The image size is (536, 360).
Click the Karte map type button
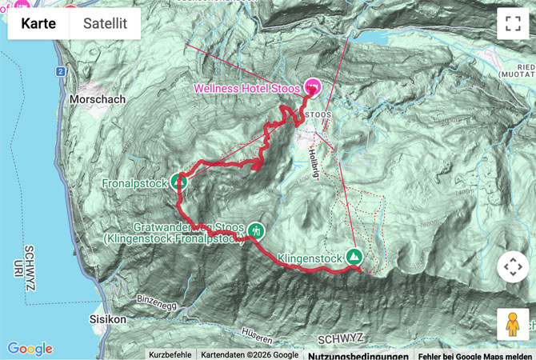pos(38,24)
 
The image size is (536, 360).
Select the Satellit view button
pos(105,24)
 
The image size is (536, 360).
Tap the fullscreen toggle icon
pos(512,24)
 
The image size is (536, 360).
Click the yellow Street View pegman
pos(512,324)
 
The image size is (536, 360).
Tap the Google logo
pos(30,349)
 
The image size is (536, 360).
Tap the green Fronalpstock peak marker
pos(179,182)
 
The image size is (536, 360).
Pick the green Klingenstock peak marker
pos(353,258)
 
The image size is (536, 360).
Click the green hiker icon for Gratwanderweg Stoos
pos(255,230)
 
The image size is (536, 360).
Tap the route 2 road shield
pos(61,72)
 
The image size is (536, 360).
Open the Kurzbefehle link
pos(170,354)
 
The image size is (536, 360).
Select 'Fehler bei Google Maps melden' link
pos(475,354)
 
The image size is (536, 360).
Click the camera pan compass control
pos(512,266)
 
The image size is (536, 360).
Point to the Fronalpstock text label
pos(134,183)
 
